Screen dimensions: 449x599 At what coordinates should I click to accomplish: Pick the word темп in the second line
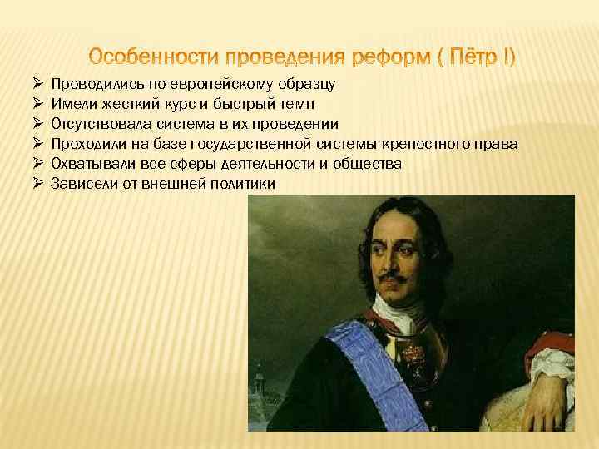tap(296, 105)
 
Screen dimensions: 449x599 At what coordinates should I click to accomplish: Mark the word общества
tap(372, 164)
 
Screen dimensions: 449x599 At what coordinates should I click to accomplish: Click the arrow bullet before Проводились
tap(38, 85)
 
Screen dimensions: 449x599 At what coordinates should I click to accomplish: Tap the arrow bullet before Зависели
tap(38, 184)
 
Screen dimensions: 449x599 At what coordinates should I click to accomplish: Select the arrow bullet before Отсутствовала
tap(38, 125)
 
